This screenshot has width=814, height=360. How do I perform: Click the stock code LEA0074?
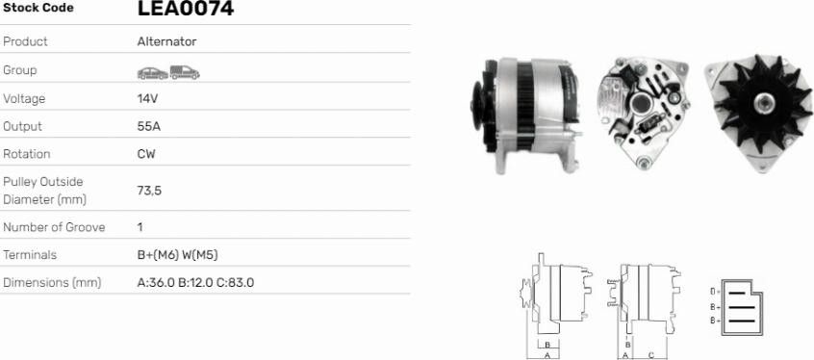point(186,8)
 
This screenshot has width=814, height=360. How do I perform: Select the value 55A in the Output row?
point(149,126)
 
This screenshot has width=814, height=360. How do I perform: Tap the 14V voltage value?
point(147,98)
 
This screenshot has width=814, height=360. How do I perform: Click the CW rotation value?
point(146,154)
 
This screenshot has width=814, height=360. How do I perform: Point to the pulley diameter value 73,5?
point(149,191)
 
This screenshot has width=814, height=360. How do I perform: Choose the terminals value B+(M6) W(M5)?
point(178,255)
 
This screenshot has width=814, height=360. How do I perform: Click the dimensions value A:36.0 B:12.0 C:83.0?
point(195,283)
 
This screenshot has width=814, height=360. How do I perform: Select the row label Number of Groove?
point(54,227)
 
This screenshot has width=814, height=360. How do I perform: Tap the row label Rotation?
point(27,154)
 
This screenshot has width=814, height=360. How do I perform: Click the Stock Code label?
point(38,8)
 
